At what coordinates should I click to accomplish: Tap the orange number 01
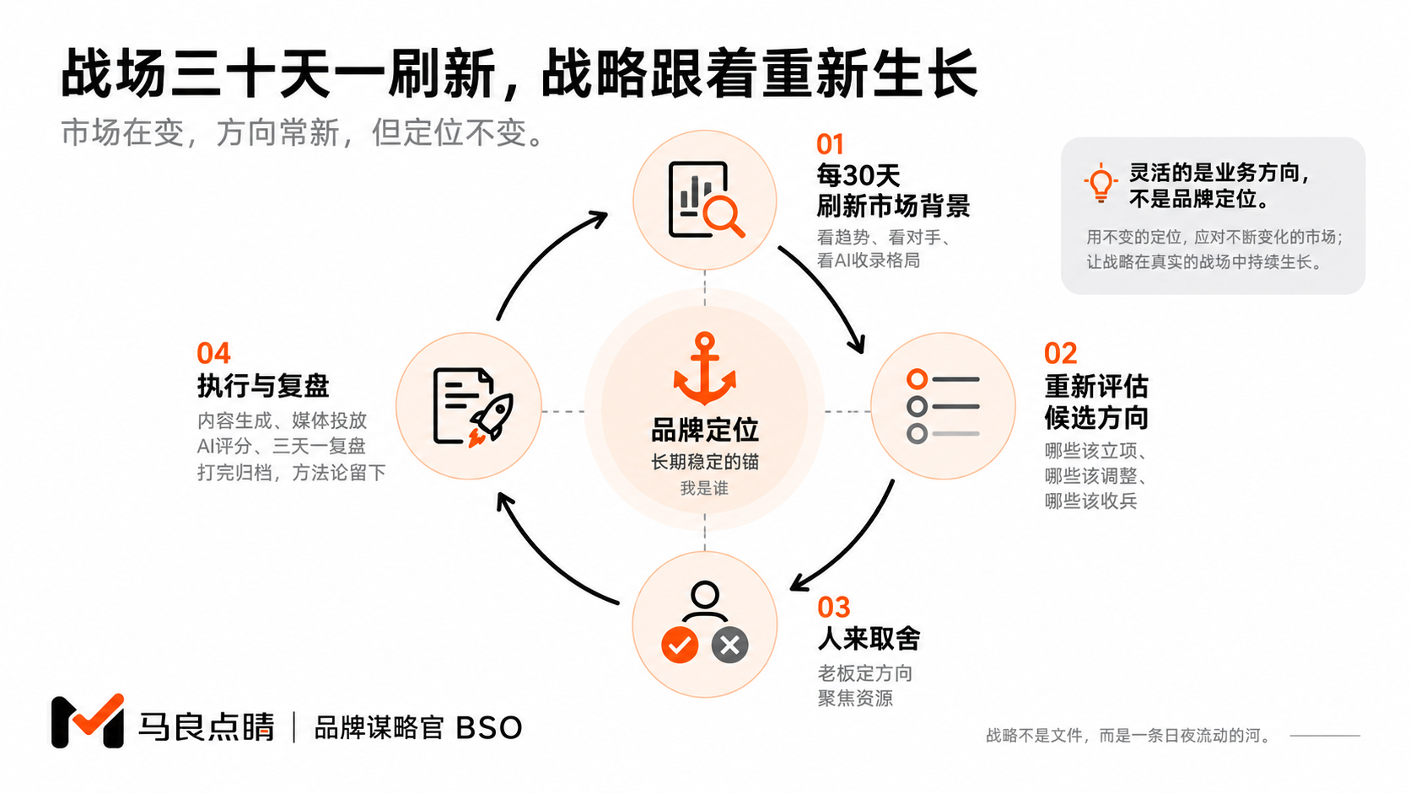pos(830,145)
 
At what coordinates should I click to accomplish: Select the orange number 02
pos(1060,353)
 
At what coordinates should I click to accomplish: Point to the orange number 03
pos(833,608)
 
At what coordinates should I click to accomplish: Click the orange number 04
pos(213,353)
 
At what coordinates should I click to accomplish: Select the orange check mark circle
pos(679,645)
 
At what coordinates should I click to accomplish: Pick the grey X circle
pos(729,645)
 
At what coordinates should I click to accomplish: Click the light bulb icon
pos(1101,182)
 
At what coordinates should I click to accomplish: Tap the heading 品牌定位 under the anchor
pos(704,430)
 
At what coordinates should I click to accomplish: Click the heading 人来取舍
pos(869,639)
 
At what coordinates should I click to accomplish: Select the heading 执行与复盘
pos(263,385)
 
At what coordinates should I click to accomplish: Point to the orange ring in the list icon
pos(918,378)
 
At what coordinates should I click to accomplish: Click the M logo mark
pos(88,721)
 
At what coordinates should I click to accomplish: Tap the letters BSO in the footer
pos(488,728)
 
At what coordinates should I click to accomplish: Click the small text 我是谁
pos(704,488)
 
